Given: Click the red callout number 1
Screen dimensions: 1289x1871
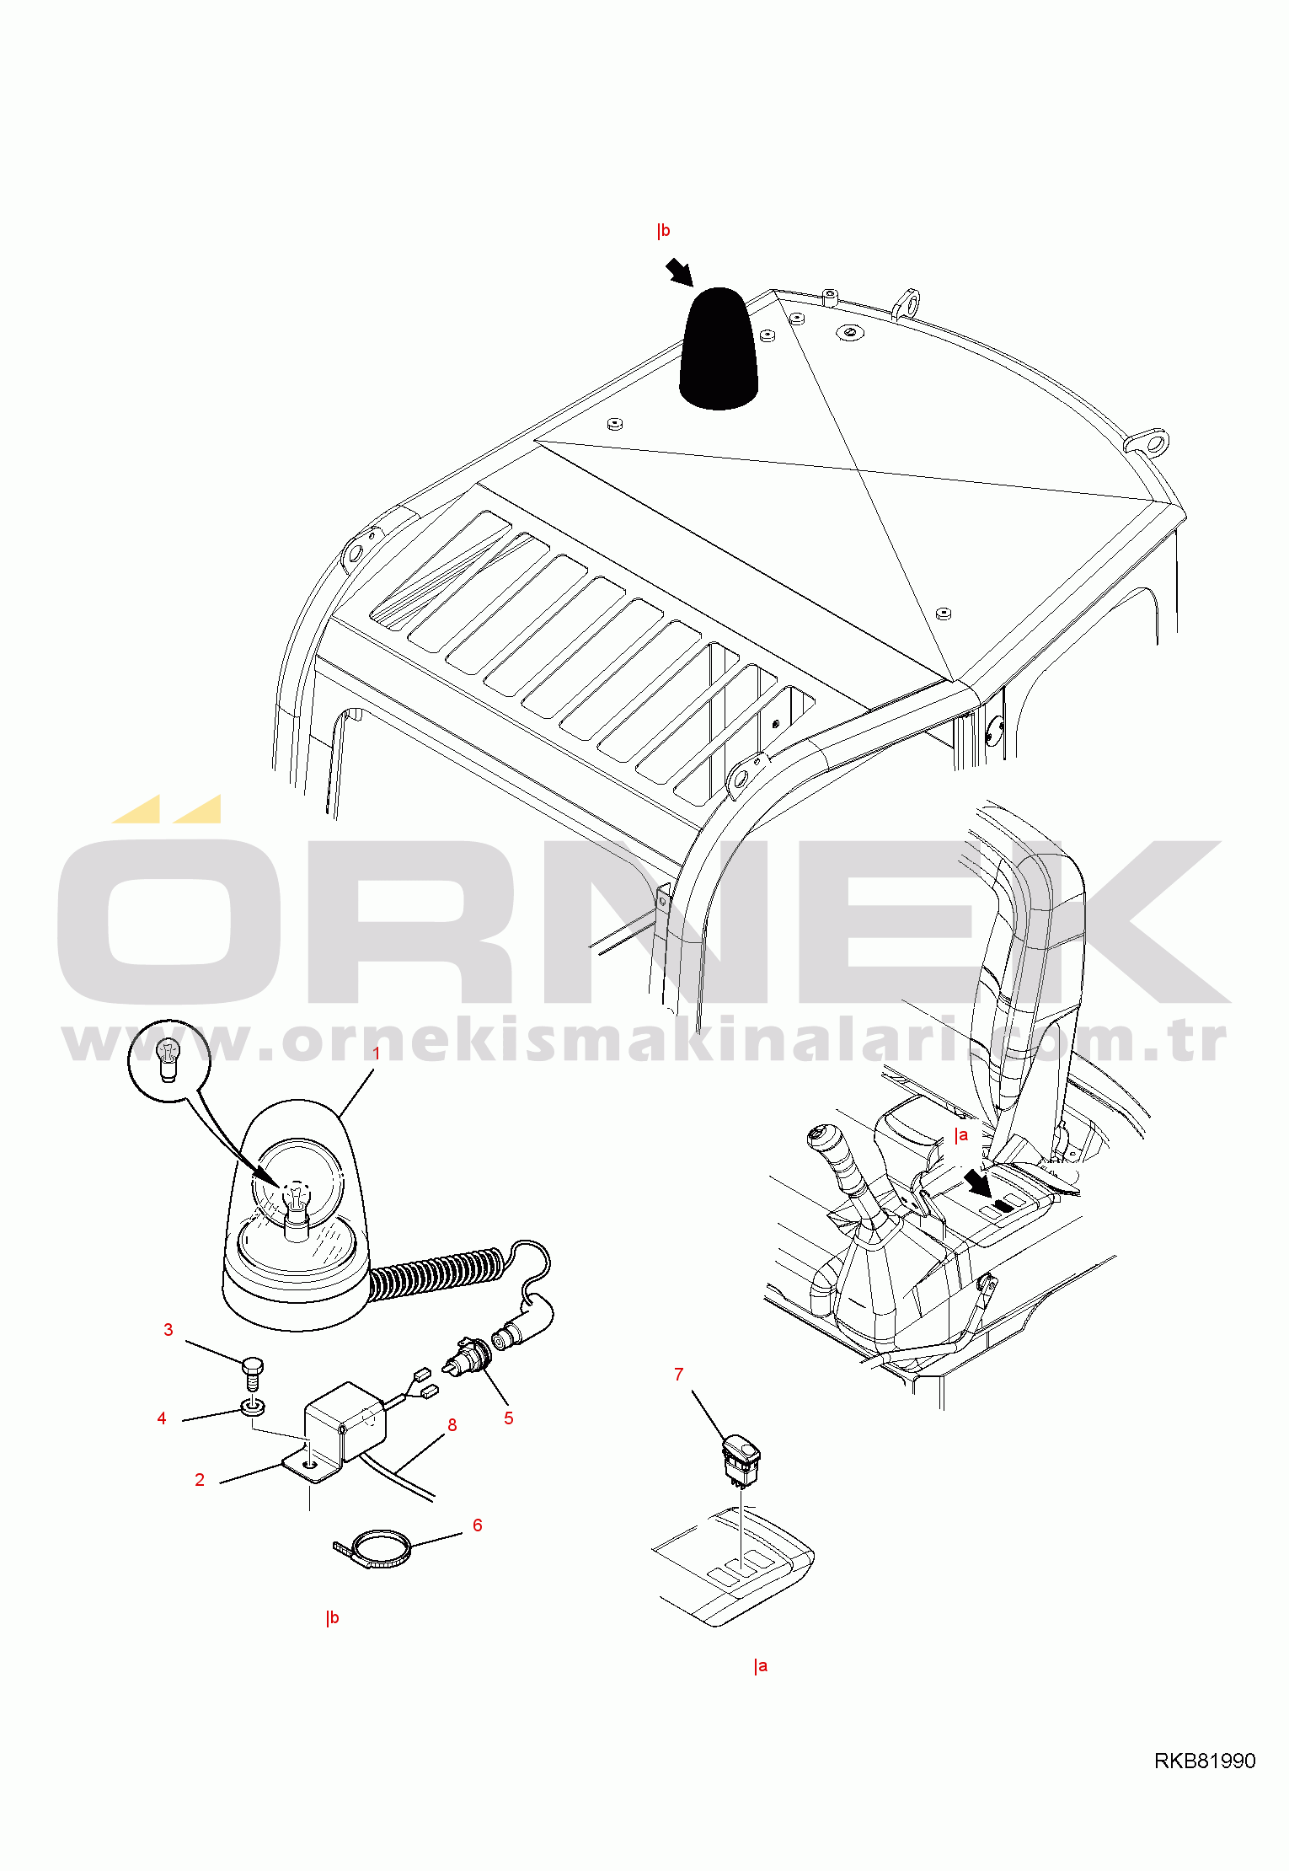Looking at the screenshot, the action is (x=377, y=1053).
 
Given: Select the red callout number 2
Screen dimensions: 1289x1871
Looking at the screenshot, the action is (x=200, y=1480).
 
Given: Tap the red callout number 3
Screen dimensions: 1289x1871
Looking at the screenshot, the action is (x=168, y=1330).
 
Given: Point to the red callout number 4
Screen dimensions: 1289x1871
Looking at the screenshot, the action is (x=162, y=1418).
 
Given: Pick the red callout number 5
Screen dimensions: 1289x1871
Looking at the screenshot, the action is (x=509, y=1418).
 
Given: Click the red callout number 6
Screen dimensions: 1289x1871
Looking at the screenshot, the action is (x=478, y=1525).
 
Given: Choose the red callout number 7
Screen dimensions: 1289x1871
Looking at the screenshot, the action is (x=679, y=1375).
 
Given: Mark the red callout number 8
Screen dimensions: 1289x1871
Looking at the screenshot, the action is (x=452, y=1425).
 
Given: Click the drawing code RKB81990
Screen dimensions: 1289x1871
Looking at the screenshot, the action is (x=1205, y=1761).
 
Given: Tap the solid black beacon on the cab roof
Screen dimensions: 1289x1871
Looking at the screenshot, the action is (x=719, y=349).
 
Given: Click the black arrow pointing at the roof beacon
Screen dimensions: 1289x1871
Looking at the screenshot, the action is (x=679, y=272).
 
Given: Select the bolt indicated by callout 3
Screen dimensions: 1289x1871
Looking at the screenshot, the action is (x=253, y=1374).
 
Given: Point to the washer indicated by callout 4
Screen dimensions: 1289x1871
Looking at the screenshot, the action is (x=253, y=1406).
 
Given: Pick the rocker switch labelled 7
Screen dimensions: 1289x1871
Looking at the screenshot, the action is (x=741, y=1459).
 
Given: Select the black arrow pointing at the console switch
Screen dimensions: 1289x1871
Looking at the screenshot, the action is (x=979, y=1182).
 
